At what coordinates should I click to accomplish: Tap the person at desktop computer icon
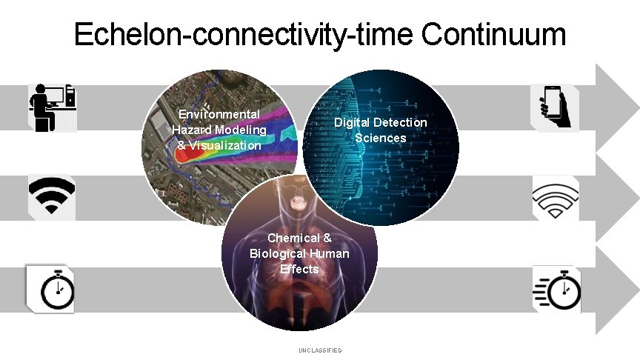point(52,107)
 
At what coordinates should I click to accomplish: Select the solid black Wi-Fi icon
point(51,197)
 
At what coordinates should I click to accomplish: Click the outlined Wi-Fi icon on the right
point(556,199)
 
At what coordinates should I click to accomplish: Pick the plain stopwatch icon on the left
point(51,288)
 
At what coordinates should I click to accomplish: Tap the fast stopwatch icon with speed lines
point(557,290)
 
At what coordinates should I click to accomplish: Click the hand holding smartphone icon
point(556,107)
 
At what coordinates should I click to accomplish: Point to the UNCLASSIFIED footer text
point(320,350)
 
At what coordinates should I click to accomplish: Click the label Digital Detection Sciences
point(380,130)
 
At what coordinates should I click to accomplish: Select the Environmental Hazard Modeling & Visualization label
point(219,130)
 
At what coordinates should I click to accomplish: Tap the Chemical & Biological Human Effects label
point(299,253)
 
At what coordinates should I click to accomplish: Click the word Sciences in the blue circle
point(380,138)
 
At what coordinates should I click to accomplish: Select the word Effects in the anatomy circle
point(299,269)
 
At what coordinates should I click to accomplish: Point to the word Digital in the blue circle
point(351,122)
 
